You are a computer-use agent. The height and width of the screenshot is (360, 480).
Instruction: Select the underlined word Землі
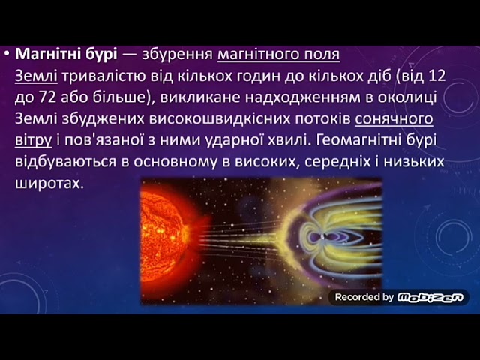[36, 76]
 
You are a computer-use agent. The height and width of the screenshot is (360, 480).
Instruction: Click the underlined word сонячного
[394, 118]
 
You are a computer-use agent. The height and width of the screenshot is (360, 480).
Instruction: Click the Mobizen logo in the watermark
[430, 297]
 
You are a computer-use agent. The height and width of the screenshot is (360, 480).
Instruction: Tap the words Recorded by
[364, 297]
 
